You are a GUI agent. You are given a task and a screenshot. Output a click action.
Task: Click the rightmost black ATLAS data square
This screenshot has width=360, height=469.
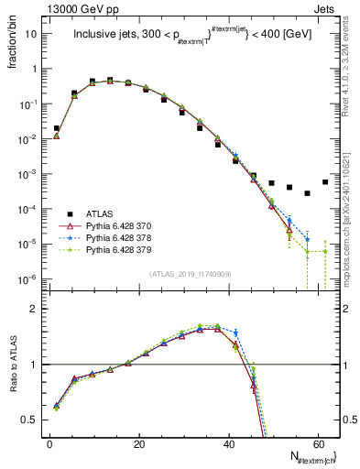click(x=325, y=181)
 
